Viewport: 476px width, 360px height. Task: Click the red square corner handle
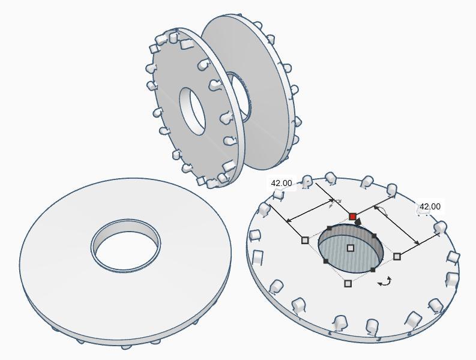(x=352, y=217)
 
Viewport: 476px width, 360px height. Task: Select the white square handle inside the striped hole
(x=351, y=248)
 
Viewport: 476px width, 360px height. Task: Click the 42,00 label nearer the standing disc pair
(x=282, y=183)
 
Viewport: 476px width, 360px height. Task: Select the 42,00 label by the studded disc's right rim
(x=430, y=206)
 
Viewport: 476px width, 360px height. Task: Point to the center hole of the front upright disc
(x=193, y=110)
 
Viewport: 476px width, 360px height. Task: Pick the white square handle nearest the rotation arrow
(x=348, y=283)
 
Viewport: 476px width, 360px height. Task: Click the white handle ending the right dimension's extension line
(x=397, y=256)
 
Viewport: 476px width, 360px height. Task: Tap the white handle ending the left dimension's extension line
(x=305, y=240)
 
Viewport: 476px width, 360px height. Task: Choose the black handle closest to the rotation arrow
(x=373, y=270)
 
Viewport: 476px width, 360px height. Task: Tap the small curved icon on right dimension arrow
(x=381, y=211)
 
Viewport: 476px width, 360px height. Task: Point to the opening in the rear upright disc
(x=237, y=96)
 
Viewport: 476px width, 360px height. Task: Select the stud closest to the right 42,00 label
(x=441, y=227)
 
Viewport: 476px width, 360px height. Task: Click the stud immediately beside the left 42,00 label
(x=307, y=181)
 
